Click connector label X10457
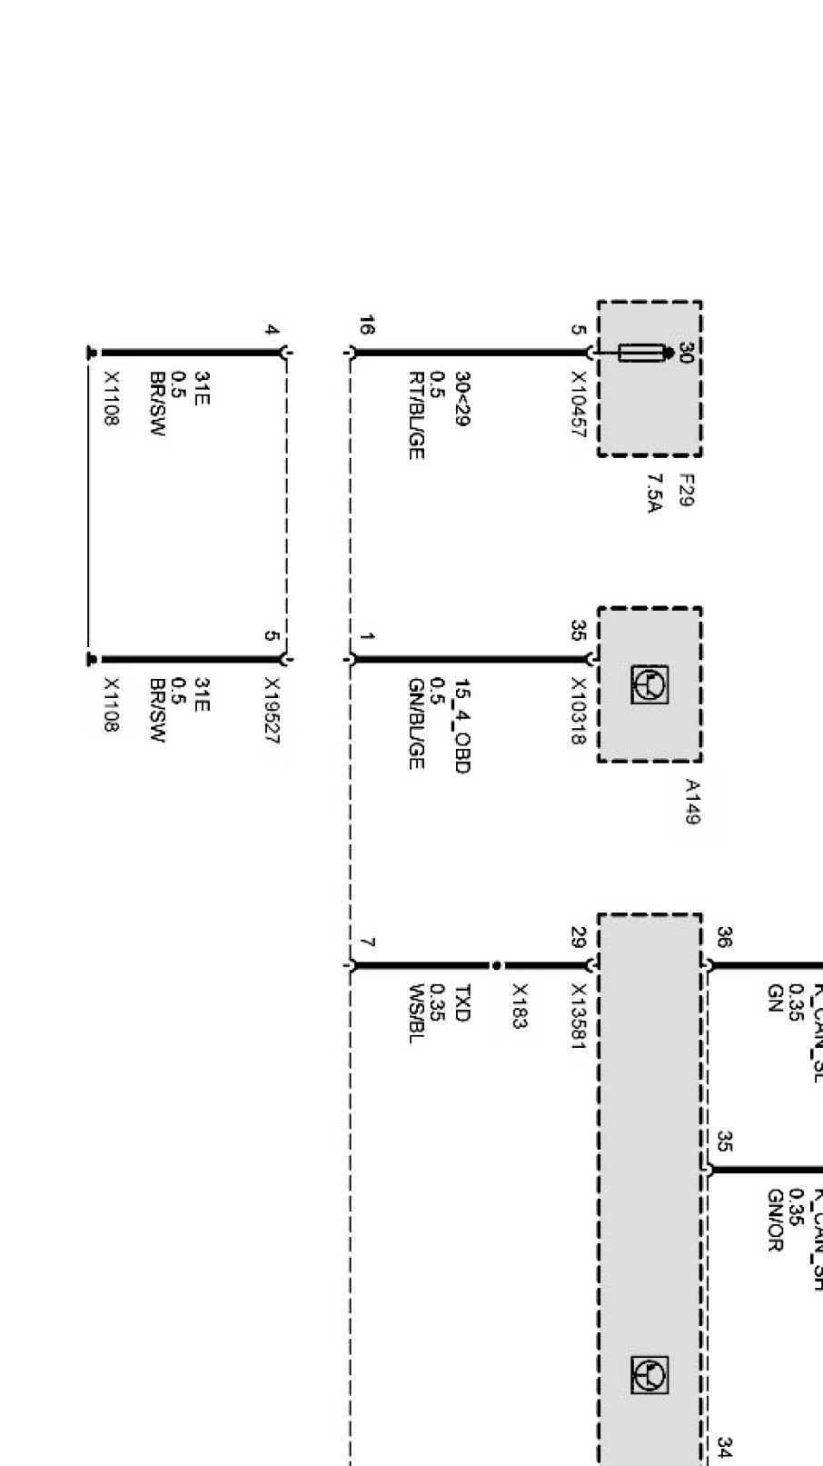point(578,404)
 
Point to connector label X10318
point(578,711)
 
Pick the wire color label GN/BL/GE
point(416,723)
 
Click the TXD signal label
point(461,1003)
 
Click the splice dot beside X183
point(496,965)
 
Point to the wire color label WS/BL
point(416,1012)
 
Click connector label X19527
point(272,711)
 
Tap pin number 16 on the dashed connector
point(366,325)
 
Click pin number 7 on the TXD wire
point(366,943)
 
